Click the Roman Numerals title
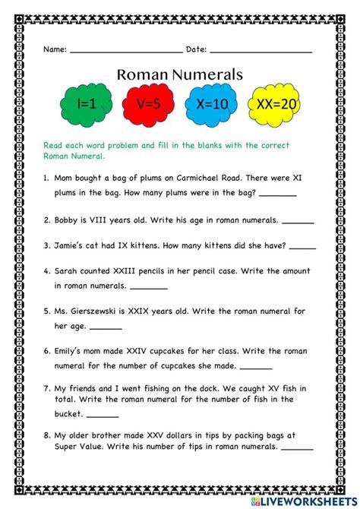coord(180,74)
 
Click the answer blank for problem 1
coord(283,194)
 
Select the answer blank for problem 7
coord(102,417)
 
